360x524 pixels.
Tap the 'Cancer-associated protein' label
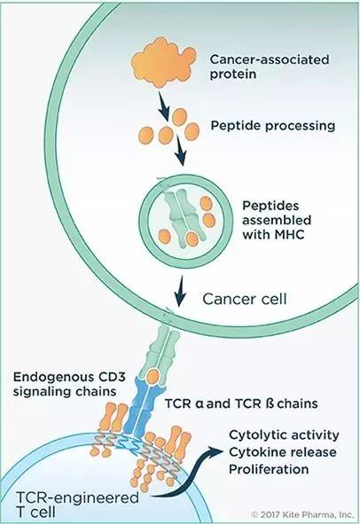[270, 66]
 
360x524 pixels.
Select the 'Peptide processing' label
[273, 126]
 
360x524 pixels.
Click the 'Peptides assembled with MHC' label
[277, 220]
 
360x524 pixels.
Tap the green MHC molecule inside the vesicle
[182, 218]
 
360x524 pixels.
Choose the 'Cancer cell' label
[245, 299]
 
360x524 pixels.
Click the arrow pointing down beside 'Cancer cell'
[181, 291]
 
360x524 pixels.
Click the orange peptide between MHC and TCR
[153, 377]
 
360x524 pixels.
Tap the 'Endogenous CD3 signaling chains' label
[69, 384]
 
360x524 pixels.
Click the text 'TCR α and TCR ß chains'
[241, 403]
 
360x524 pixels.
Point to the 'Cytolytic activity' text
[284, 435]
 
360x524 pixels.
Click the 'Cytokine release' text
[283, 452]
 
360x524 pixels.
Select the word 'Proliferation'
[269, 469]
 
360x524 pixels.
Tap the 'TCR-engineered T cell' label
[77, 505]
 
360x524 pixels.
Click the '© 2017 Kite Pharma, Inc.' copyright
[302, 514]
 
